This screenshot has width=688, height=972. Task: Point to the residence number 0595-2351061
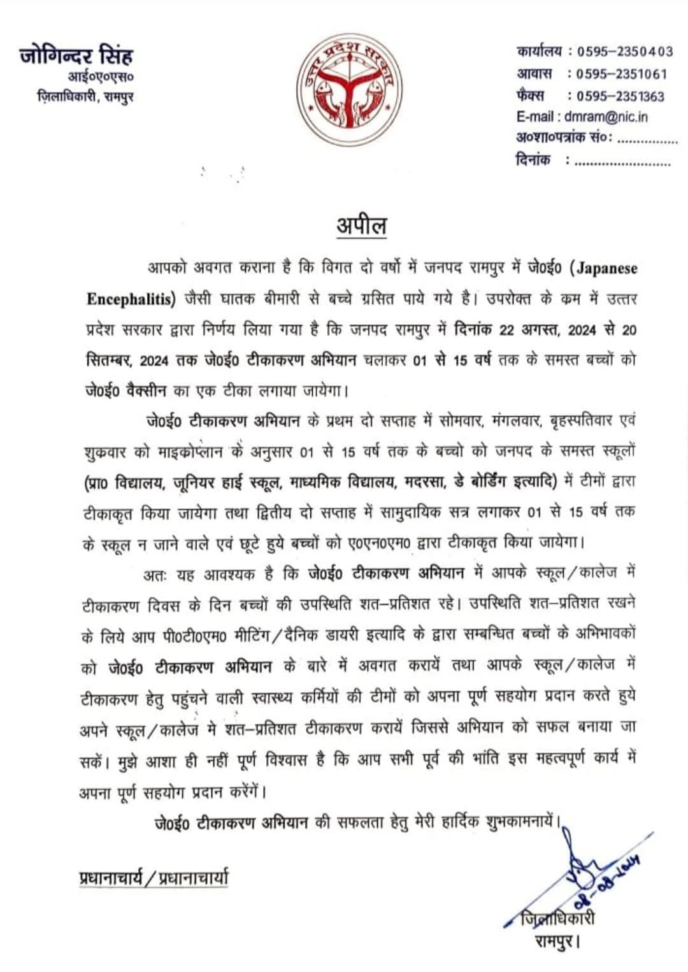pyautogui.click(x=621, y=74)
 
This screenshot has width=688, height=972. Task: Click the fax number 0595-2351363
pyautogui.click(x=620, y=97)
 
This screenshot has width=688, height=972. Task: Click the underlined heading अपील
pyautogui.click(x=361, y=226)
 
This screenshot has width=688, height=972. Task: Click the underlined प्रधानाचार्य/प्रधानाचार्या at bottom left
pyautogui.click(x=154, y=877)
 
